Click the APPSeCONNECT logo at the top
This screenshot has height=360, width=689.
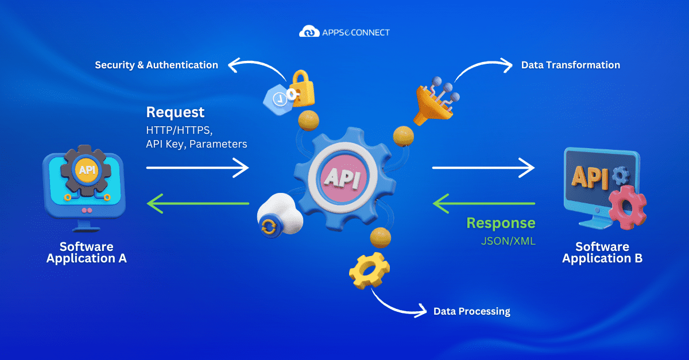point(344,32)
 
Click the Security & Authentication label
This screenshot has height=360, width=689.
point(156,65)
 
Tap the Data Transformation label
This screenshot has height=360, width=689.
point(570,65)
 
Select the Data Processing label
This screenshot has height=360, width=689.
point(471,311)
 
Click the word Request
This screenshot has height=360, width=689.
point(175,112)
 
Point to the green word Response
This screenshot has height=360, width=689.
point(501,223)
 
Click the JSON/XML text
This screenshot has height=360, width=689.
point(508,241)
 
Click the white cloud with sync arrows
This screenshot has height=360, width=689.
point(274,215)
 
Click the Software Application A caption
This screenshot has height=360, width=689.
point(86,253)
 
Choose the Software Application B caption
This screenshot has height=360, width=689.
point(602,253)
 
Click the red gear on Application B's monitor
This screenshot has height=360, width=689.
point(626,208)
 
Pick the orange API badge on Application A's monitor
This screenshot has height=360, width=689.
point(87,171)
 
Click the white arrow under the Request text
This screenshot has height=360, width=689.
point(198,168)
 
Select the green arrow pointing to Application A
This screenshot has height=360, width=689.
point(198,203)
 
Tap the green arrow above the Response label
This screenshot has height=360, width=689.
point(483,203)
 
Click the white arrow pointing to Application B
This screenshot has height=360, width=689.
point(483,168)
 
